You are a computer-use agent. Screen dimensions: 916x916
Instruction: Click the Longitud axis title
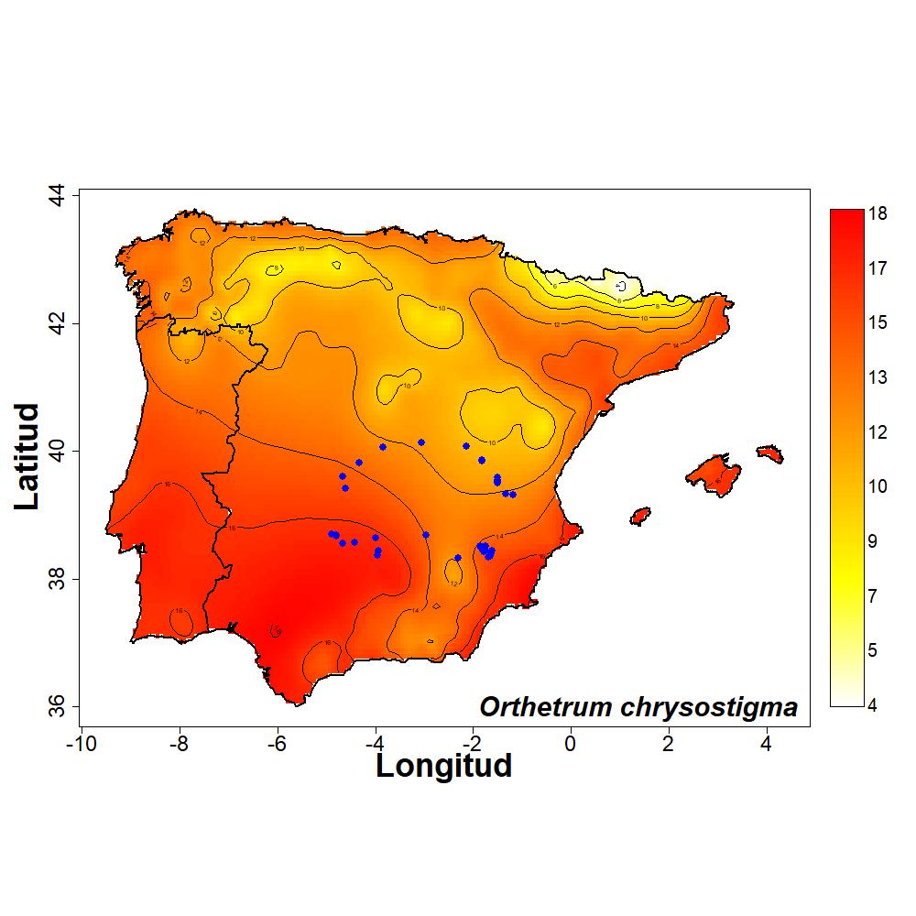pos(443,765)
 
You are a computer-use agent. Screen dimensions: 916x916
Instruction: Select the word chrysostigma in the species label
pos(709,708)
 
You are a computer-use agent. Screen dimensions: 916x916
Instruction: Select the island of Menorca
pos(769,453)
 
